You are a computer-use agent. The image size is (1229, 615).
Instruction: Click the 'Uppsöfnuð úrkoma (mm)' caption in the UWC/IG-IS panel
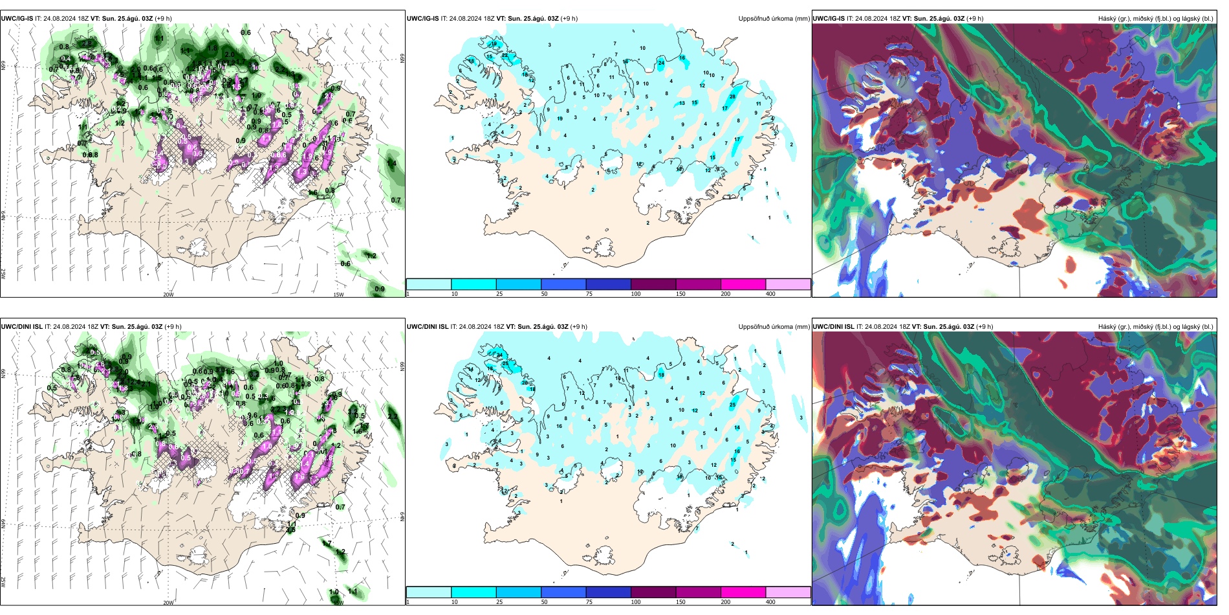[774, 19]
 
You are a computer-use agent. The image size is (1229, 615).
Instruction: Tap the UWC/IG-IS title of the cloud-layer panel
[829, 19]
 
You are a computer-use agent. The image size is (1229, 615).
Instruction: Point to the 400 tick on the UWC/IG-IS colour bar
[770, 294]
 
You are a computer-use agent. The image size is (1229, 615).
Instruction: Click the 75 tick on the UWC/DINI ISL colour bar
[589, 602]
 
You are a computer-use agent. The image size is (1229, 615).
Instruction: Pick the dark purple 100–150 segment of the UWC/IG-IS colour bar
[653, 284]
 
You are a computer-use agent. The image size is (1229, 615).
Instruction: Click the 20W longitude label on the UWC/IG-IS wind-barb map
[168, 295]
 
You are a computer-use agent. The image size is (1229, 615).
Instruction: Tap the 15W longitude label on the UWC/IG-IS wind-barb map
[338, 295]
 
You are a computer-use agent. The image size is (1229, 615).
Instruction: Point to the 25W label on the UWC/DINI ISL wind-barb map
[3, 582]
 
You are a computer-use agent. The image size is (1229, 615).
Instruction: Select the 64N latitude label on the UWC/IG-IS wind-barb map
[3, 216]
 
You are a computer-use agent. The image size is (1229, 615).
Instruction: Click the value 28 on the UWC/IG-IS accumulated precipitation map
[732, 96]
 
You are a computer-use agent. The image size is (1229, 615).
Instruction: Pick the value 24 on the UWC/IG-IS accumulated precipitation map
[661, 63]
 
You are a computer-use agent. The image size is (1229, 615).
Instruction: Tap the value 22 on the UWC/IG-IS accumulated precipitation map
[505, 56]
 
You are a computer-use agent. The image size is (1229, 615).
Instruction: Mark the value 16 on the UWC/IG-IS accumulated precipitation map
[682, 58]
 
